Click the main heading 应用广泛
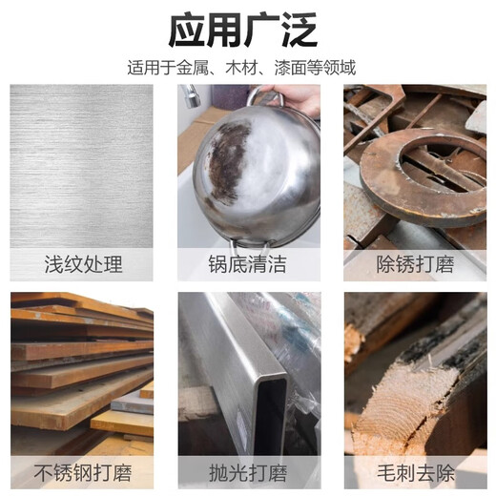pyautogui.click(x=242, y=30)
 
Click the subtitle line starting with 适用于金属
pyautogui.click(x=241, y=68)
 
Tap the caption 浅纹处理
pyautogui.click(x=83, y=264)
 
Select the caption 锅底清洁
pyautogui.click(x=247, y=264)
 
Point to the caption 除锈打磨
pyautogui.click(x=415, y=264)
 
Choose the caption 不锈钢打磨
pyautogui.click(x=83, y=473)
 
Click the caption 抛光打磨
pyautogui.click(x=248, y=473)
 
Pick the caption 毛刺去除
pyautogui.click(x=416, y=473)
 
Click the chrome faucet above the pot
pyautogui.click(x=192, y=95)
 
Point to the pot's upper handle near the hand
pyautogui.click(x=264, y=96)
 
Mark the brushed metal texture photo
pyautogui.click(x=81, y=166)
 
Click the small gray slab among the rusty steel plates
pyautogui.click(x=133, y=403)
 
